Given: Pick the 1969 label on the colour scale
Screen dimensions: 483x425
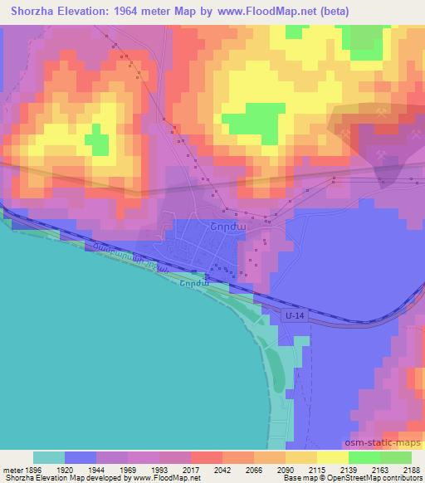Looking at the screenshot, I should (x=127, y=468).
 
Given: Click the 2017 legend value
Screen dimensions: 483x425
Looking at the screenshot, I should (x=190, y=468).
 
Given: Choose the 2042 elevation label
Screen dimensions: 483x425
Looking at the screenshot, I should (x=222, y=468).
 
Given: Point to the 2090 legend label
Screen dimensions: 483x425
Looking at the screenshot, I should (x=285, y=468).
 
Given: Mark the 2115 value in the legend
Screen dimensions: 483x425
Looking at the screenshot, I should (x=316, y=468).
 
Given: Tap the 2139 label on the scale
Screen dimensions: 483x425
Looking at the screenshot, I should (x=348, y=468).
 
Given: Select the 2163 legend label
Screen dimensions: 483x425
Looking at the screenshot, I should (x=379, y=468).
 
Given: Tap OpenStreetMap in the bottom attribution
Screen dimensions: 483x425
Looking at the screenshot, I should (x=363, y=479).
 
